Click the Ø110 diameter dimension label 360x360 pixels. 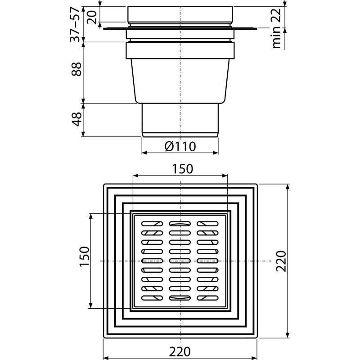tap(180, 146)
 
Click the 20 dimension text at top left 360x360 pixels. tap(92, 16)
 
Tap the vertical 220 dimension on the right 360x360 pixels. tap(281, 261)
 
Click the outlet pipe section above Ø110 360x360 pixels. tap(180, 119)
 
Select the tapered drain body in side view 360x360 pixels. tap(180, 81)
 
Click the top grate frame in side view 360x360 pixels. tap(180, 15)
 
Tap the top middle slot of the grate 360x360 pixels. tap(180, 223)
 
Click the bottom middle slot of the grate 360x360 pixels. tap(180, 298)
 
